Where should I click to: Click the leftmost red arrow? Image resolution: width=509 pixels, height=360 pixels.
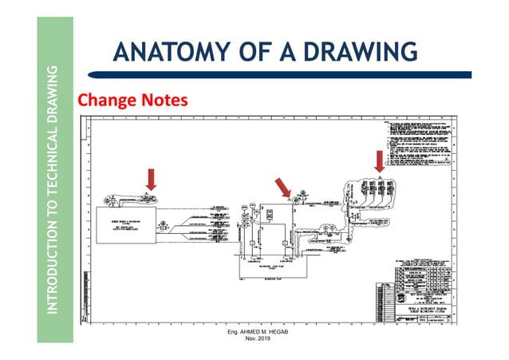[152, 178]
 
